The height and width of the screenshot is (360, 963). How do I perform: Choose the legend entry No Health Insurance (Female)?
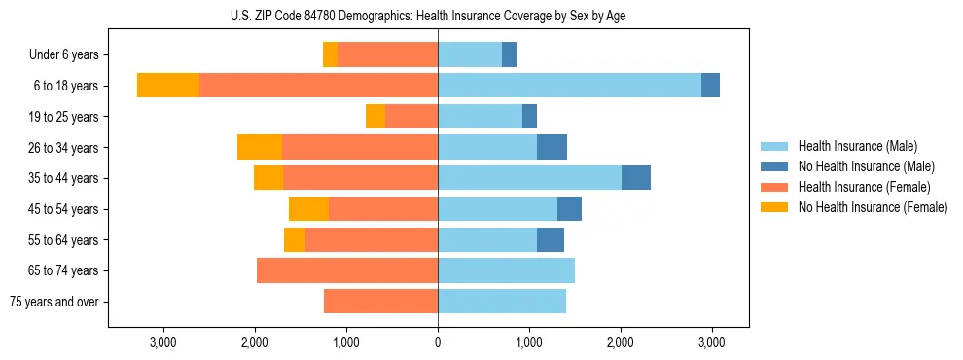point(873,207)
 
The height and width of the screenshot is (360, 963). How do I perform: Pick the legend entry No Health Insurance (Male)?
point(866,166)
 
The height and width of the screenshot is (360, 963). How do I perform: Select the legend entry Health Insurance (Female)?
point(864,187)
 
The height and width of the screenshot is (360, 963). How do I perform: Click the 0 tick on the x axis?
point(438,342)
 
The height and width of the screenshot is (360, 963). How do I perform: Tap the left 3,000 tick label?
point(162,342)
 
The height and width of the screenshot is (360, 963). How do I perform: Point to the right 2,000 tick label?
point(621,342)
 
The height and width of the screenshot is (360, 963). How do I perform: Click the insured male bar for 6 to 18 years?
point(569,86)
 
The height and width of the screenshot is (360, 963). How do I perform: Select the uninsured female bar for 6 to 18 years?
point(168,86)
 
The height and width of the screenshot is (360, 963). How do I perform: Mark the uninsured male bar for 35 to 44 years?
point(636,178)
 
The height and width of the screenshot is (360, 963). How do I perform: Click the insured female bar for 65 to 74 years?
point(347,270)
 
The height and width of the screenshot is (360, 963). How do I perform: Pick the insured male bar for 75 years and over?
point(502,302)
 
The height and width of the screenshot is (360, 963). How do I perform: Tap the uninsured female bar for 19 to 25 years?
point(375,117)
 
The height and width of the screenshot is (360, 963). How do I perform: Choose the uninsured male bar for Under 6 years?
point(509,54)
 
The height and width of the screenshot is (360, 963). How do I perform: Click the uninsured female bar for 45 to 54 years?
point(308,209)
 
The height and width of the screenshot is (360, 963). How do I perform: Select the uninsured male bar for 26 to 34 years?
point(552,147)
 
